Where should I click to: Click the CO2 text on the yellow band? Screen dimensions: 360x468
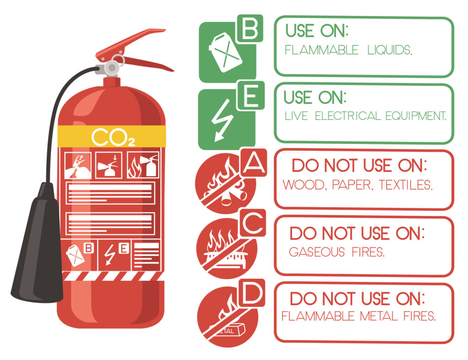coord(112,137)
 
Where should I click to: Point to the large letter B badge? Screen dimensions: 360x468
coord(249,28)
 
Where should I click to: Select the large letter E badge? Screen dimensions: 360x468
coord(250,97)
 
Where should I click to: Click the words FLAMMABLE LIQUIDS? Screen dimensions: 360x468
coord(348,50)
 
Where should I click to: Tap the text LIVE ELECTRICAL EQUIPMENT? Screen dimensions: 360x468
coord(365,116)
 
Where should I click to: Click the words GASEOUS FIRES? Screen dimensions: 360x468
coord(336,252)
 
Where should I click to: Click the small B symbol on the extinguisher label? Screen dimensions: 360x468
coord(89,248)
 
